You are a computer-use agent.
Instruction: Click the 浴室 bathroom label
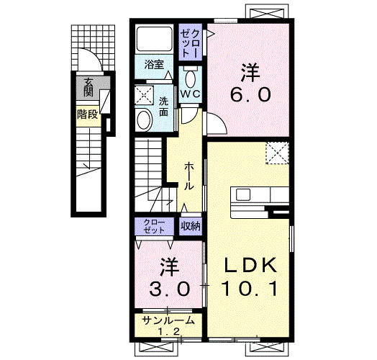154,65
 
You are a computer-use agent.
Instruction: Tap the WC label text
190,94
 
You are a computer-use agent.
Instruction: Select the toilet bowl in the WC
191,78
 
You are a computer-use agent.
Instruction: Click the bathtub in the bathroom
155,38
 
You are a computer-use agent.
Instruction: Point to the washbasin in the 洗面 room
144,120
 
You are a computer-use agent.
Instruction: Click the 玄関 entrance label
88,87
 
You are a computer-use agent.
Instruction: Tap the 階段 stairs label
88,114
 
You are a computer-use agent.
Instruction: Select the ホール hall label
189,176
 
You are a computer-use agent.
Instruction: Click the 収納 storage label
191,226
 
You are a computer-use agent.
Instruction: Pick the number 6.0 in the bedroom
251,94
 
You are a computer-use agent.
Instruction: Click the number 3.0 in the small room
170,289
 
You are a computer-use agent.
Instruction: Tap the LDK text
250,265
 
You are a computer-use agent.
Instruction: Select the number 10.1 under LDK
250,289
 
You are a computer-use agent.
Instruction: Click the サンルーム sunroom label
168,320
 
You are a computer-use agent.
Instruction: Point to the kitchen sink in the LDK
243,194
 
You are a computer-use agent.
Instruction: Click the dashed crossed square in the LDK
277,153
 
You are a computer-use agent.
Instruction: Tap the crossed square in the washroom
144,95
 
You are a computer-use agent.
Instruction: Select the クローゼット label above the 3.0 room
154,227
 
